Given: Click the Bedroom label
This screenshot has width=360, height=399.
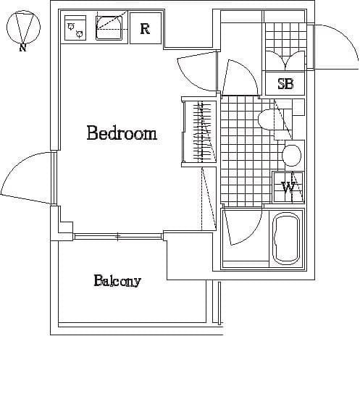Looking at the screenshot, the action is (x=122, y=133).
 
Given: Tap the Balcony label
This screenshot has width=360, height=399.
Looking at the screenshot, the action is (x=117, y=281).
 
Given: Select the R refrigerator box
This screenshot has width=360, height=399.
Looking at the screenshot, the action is (x=146, y=28).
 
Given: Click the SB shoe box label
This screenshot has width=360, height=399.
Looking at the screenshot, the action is (x=285, y=84).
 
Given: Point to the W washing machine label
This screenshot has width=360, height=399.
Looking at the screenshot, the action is (x=288, y=188).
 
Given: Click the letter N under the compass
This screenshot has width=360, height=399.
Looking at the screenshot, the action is (x=23, y=47).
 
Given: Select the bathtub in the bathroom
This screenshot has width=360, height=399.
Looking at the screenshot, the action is (x=285, y=240).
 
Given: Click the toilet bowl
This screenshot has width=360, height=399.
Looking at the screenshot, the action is (x=267, y=119).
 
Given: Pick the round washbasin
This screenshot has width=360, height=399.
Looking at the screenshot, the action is (x=291, y=156).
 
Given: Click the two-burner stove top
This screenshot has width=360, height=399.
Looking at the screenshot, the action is (x=75, y=28).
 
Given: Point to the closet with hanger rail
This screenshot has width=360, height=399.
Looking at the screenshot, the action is (x=199, y=132).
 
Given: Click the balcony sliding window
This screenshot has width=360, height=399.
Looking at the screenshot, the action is (x=118, y=236).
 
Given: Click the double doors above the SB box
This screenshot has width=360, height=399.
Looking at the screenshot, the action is (x=285, y=60).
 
